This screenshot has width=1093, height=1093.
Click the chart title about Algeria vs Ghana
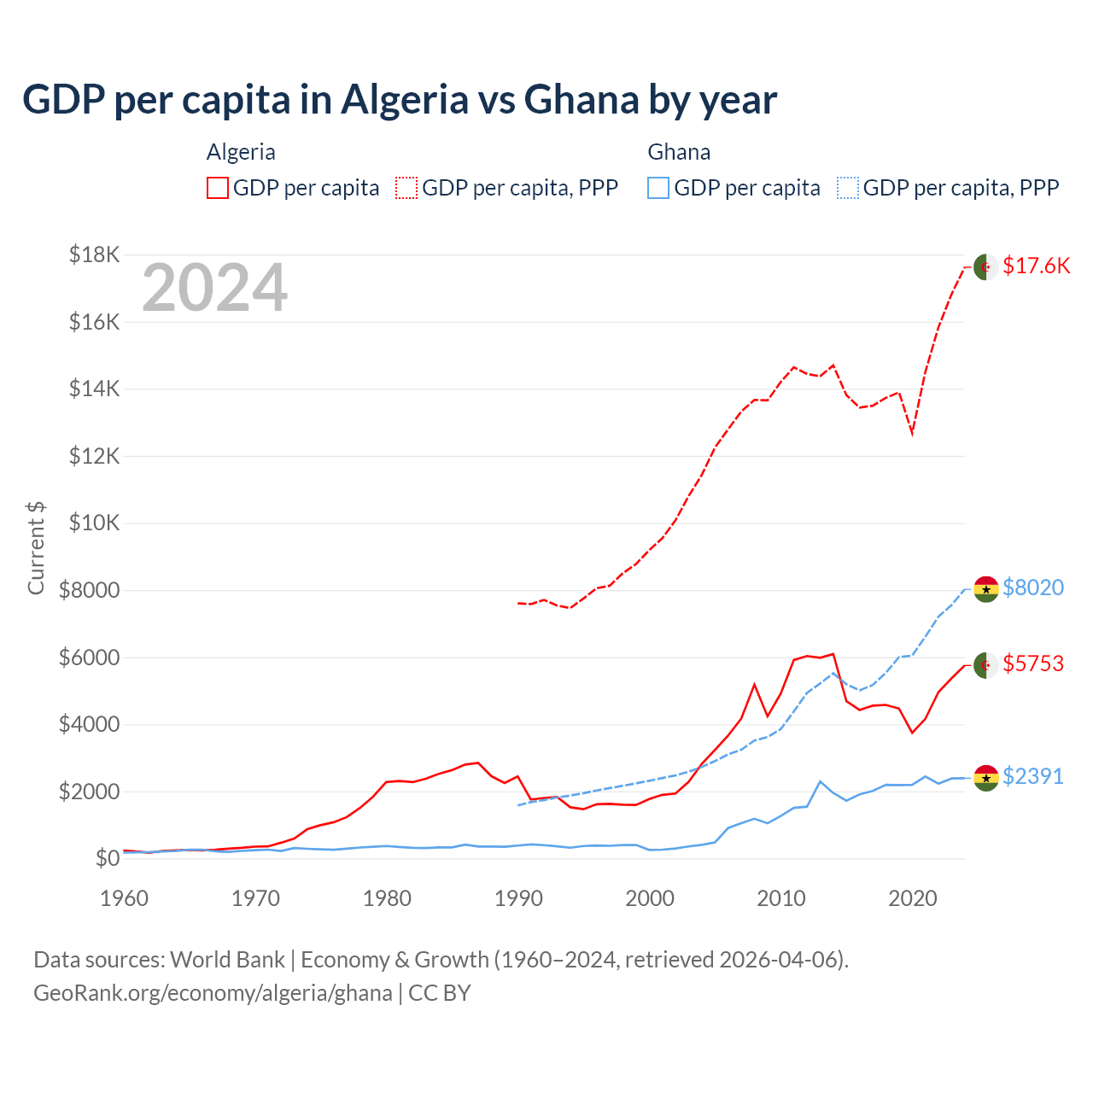[400, 99]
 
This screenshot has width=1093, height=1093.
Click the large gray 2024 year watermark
[214, 289]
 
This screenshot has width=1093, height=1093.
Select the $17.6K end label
[1036, 266]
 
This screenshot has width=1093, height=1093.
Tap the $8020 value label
[1032, 587]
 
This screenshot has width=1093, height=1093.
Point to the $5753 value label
[1032, 663]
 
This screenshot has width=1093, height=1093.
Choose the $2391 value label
[1032, 776]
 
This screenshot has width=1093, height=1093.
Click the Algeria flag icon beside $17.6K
[986, 266]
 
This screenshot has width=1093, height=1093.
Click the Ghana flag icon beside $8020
[986, 589]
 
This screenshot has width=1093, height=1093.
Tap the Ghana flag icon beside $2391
[986, 778]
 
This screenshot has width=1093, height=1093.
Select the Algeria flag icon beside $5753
[986, 665]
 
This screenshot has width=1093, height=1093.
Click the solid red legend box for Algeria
[218, 188]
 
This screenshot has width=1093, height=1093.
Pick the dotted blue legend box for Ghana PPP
[848, 188]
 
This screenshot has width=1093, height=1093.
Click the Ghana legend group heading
[679, 152]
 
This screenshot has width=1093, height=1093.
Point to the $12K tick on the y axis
[95, 456]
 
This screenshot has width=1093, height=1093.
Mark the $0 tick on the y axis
[107, 858]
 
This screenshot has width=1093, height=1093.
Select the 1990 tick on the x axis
[518, 898]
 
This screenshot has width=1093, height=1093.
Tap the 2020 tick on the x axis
[913, 898]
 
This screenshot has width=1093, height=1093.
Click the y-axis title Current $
[36, 547]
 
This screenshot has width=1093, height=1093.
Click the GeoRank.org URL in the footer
[213, 993]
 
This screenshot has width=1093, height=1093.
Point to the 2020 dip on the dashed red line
[912, 433]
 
